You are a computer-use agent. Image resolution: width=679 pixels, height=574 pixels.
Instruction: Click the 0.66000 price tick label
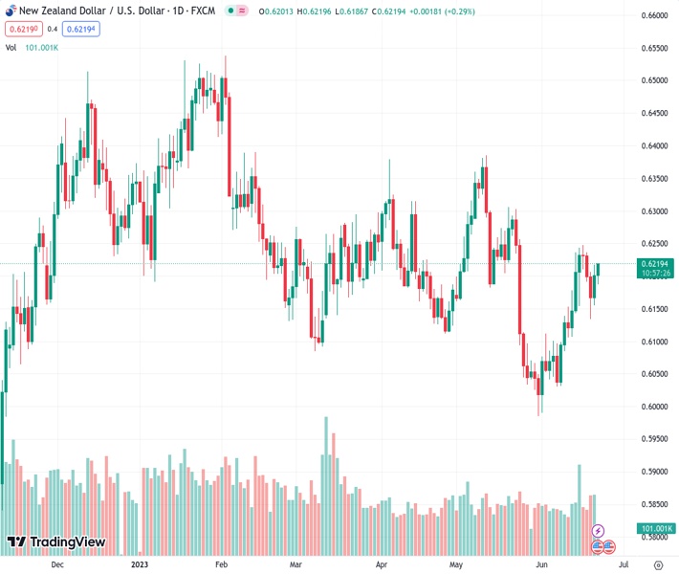[654, 15]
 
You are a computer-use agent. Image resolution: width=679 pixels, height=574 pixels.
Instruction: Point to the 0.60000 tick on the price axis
[654, 407]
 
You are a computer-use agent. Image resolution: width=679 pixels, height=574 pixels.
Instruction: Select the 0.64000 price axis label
[654, 146]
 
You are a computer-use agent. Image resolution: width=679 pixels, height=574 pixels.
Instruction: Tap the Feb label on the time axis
[220, 564]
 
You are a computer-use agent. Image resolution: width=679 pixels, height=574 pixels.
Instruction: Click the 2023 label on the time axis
[140, 564]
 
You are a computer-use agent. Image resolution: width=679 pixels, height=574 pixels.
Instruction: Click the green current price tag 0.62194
[655, 263]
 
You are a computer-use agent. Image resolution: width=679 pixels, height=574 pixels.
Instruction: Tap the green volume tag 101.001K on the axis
[655, 528]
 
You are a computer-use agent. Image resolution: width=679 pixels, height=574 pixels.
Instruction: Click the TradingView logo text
[67, 543]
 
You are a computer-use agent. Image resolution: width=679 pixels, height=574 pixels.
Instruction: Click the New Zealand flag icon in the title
[11, 11]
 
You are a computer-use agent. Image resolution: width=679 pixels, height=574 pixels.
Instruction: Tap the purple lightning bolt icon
[599, 530]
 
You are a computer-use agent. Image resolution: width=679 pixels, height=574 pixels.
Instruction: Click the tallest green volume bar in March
[326, 485]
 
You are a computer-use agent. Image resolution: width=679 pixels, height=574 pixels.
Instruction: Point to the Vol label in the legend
[11, 46]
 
